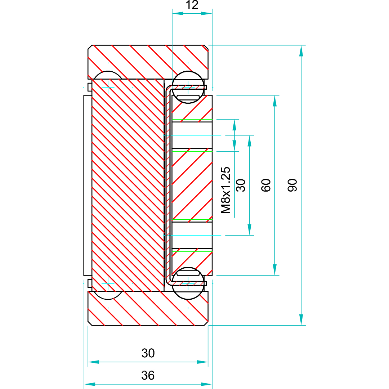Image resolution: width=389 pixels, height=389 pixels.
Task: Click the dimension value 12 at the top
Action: point(192,5)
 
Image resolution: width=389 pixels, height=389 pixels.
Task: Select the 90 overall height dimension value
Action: point(292,185)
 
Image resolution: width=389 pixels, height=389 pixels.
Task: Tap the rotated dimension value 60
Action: point(266,185)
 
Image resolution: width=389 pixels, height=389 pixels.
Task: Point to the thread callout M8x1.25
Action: point(226,190)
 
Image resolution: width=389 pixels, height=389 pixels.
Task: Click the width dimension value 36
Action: point(148,375)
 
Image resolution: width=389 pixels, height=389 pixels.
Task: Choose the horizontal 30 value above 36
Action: point(148,353)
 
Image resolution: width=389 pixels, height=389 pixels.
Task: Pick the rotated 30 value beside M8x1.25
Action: point(241,185)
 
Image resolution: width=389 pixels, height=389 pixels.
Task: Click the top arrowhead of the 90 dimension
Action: point(301,51)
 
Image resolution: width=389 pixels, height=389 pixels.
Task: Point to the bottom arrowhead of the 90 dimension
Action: point(301,319)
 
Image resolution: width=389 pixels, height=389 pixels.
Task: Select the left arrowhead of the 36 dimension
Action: point(89,384)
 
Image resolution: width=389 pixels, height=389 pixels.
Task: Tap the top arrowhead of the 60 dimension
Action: point(275,101)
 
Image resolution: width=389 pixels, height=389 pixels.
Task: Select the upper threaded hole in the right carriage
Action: point(192,135)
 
